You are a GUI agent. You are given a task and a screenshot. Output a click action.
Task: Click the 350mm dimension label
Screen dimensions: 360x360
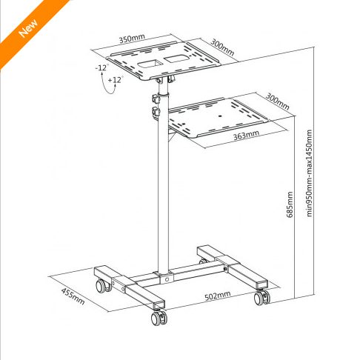[x=132, y=39]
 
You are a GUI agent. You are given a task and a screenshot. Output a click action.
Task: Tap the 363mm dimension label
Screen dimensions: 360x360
[x=246, y=135]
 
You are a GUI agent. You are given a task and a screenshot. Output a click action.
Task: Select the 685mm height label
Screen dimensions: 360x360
[x=290, y=204]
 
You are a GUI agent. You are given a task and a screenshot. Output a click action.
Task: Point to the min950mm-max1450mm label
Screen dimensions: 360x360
[x=309, y=173]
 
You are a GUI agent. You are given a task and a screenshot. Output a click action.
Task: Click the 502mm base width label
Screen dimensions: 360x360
[x=218, y=296]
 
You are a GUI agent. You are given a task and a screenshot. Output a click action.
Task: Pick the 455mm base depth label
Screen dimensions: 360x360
[x=73, y=296]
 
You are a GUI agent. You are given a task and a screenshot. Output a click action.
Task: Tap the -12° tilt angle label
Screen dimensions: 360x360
[x=102, y=67]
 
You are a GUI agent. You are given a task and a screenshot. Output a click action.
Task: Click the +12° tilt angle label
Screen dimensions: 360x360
[x=116, y=80]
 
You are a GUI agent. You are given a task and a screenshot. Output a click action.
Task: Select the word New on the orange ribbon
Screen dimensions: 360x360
[x=28, y=28]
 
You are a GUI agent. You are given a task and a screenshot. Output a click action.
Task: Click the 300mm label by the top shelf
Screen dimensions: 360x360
[x=222, y=47]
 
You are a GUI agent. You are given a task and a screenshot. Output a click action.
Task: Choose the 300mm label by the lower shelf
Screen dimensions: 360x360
[x=277, y=101]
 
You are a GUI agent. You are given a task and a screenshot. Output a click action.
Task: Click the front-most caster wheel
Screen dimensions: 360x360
[x=159, y=318]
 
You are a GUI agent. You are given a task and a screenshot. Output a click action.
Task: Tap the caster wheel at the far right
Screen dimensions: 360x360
[x=262, y=298]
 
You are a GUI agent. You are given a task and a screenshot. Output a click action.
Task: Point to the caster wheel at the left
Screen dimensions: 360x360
[x=104, y=286]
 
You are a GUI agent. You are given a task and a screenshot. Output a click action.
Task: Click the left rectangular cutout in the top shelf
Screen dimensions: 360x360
[x=150, y=64]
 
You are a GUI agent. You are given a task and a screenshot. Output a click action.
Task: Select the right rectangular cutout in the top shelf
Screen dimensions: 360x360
[x=177, y=59]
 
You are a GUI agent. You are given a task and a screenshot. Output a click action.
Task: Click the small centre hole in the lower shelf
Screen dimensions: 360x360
[x=221, y=115]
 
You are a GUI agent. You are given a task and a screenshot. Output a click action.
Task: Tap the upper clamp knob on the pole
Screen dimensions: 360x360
[x=156, y=99]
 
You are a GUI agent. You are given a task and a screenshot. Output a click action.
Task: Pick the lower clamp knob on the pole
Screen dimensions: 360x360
[x=156, y=112]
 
